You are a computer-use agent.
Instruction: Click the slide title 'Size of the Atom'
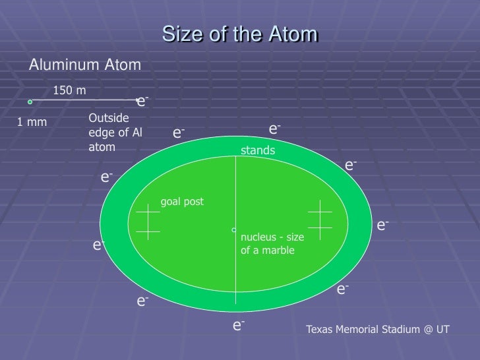[240, 34]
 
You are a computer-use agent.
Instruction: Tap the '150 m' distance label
[69, 90]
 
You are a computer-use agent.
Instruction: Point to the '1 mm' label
[32, 122]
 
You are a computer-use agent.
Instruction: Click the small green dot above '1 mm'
[30, 102]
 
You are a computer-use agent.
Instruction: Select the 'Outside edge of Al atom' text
[115, 133]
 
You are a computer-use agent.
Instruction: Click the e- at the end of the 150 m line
[142, 102]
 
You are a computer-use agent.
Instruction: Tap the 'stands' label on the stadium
[258, 151]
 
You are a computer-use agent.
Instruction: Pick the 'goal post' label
[182, 202]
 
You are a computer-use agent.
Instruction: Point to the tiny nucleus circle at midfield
[233, 230]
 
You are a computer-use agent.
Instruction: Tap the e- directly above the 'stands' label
[274, 129]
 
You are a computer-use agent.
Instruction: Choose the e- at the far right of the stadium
[382, 226]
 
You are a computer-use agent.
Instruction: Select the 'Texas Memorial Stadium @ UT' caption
[378, 328]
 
